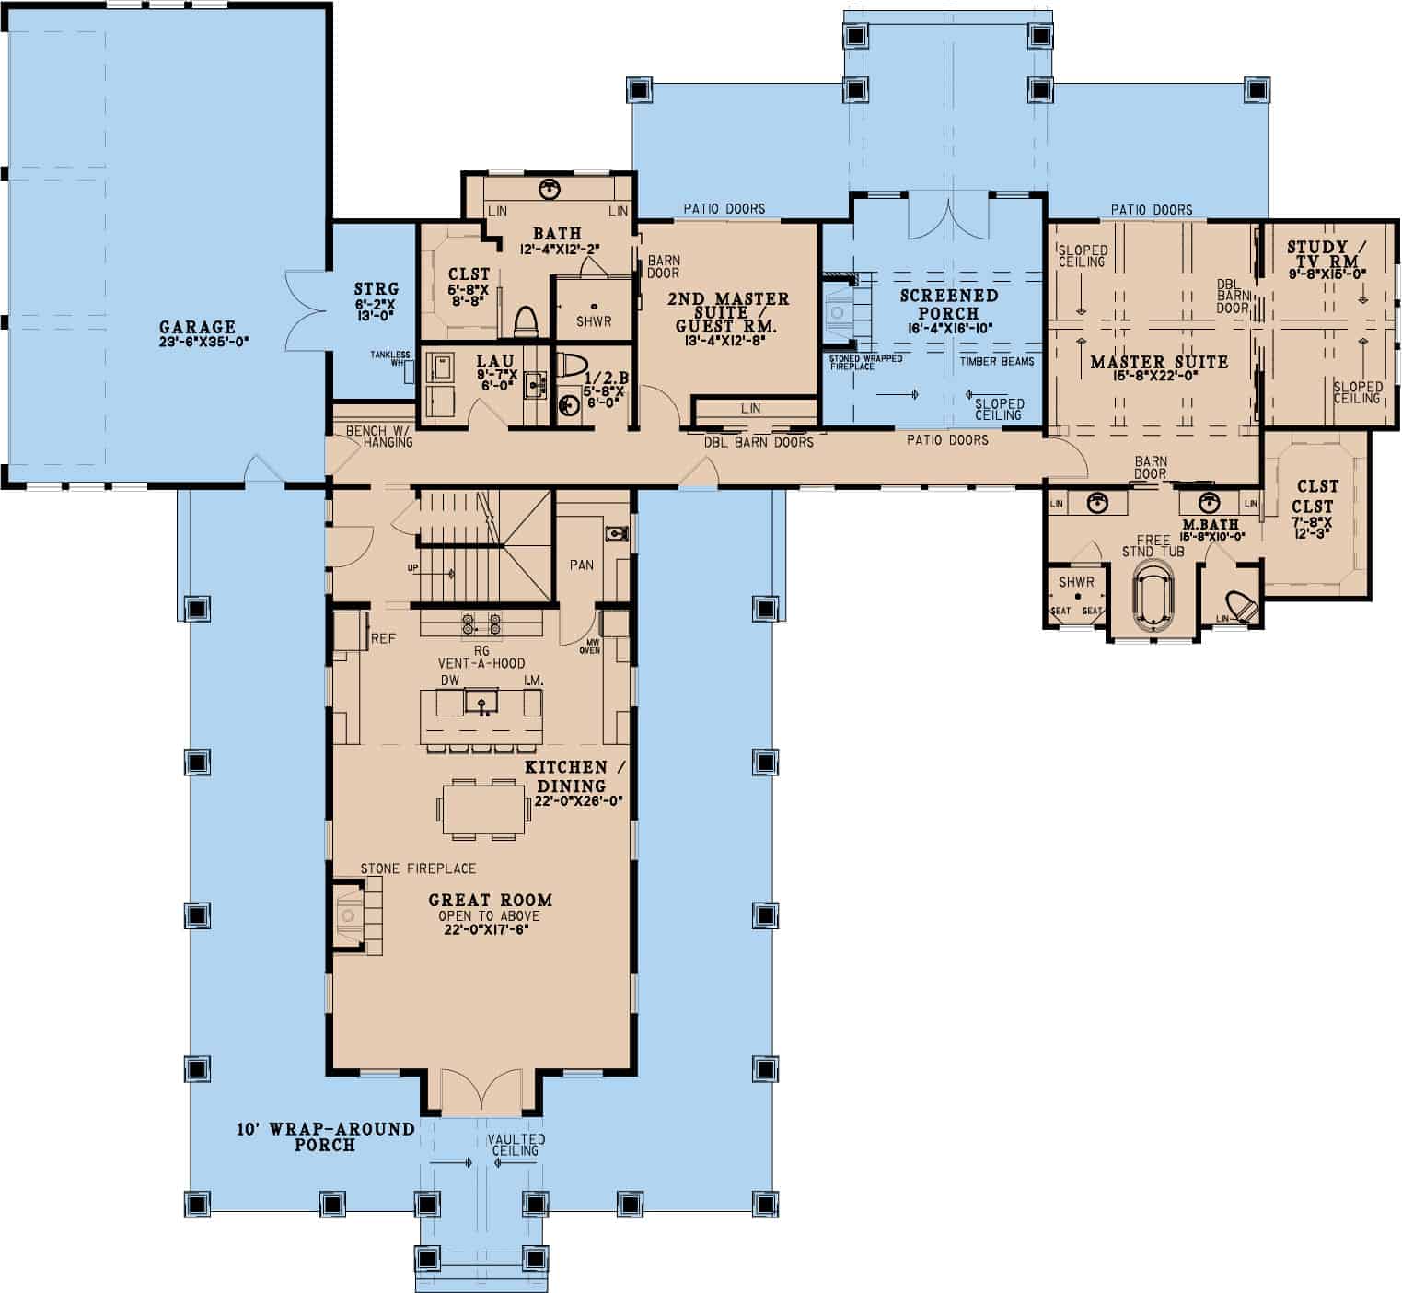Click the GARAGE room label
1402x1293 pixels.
pos(197,327)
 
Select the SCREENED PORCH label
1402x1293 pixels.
pos(948,304)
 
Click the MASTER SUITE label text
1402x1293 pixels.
pos(1159,362)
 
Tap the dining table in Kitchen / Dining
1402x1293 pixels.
pos(477,809)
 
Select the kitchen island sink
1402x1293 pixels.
pos(480,705)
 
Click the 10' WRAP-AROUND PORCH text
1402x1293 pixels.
pos(325,1136)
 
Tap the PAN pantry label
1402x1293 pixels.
pos(581,565)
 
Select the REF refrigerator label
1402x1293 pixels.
pos(383,638)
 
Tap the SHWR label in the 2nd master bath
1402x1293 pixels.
pos(594,321)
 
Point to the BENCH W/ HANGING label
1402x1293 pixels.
pos(378,437)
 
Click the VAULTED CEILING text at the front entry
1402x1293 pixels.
pos(516,1145)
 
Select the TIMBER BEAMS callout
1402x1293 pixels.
pos(996,361)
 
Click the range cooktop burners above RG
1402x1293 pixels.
pos(481,624)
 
